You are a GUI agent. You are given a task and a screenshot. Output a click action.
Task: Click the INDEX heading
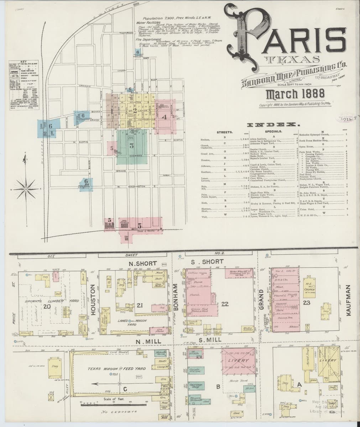click(x=275, y=125)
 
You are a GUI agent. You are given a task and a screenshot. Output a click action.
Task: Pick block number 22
click(x=224, y=304)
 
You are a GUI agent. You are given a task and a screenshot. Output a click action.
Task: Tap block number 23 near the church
click(x=307, y=302)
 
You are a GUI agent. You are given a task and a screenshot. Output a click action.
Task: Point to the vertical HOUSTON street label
click(x=94, y=300)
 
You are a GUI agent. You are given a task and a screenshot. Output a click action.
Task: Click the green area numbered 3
click(x=131, y=146)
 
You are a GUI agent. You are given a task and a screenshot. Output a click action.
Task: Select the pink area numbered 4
click(x=164, y=116)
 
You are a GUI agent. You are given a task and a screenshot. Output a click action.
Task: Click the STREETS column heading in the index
click(x=225, y=132)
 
